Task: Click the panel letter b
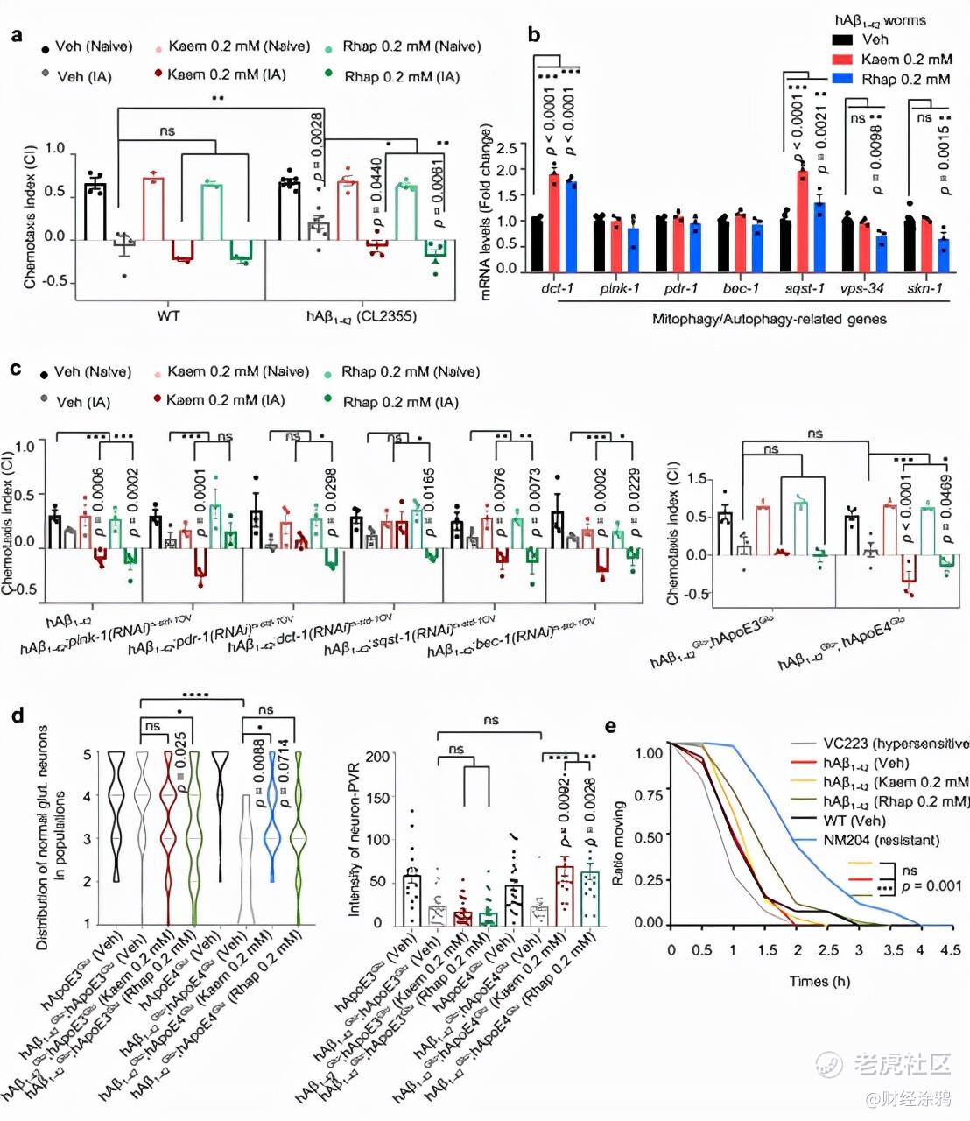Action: pyautogui.click(x=533, y=35)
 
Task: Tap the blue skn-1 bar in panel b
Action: pyautogui.click(x=943, y=255)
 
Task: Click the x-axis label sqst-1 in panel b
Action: pyautogui.click(x=805, y=288)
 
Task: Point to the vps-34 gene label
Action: pyautogui.click(x=862, y=288)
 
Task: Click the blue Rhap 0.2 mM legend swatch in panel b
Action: pyautogui.click(x=842, y=79)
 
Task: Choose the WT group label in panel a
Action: pyautogui.click(x=168, y=315)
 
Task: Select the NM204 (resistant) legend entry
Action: pyautogui.click(x=881, y=840)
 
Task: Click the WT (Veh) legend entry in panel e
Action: pyautogui.click(x=854, y=821)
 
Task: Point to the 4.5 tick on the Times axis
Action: pyautogui.click(x=949, y=949)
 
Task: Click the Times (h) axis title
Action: pyautogui.click(x=819, y=981)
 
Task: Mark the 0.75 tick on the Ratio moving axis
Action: pyautogui.click(x=649, y=795)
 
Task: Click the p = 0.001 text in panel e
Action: pyautogui.click(x=931, y=886)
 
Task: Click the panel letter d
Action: pyautogui.click(x=17, y=715)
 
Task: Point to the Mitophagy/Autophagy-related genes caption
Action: pyautogui.click(x=769, y=319)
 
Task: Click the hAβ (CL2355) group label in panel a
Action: pyautogui.click(x=361, y=316)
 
